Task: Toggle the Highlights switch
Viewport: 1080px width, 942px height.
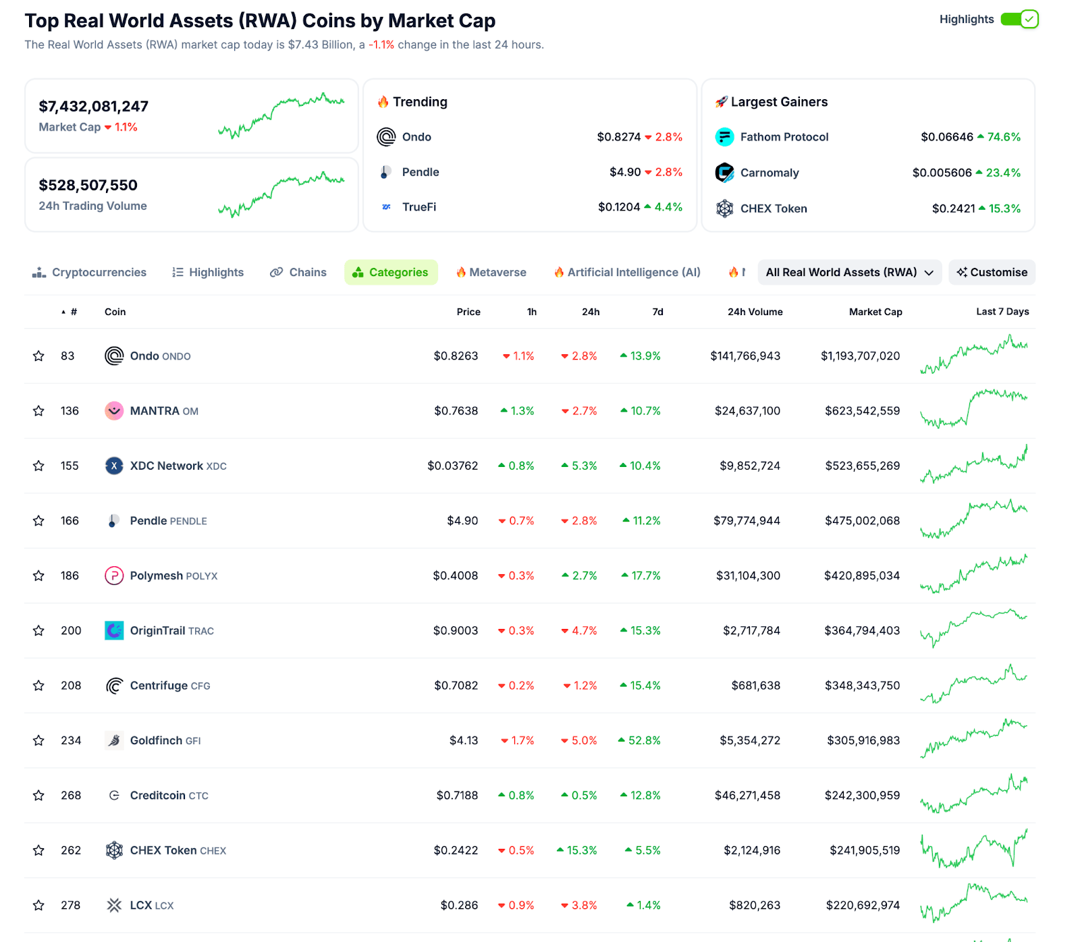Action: click(x=1019, y=20)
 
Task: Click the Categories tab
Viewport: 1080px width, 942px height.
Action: click(x=391, y=273)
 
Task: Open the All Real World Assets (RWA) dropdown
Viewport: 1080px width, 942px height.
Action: click(x=849, y=273)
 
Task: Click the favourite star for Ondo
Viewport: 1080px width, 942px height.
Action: click(x=38, y=356)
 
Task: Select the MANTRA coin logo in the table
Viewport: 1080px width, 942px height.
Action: click(x=114, y=411)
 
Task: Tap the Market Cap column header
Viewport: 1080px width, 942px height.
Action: click(x=875, y=312)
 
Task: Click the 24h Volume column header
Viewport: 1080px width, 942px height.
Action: click(x=755, y=312)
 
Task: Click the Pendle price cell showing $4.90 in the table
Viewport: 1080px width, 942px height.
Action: click(x=462, y=521)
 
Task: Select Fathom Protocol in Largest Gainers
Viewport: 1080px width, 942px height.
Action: click(x=784, y=137)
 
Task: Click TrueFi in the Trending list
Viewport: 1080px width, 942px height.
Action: click(x=418, y=207)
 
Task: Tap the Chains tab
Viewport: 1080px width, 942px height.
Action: click(x=298, y=273)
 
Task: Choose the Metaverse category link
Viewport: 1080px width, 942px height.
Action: click(x=491, y=273)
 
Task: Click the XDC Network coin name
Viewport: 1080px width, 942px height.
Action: click(x=167, y=466)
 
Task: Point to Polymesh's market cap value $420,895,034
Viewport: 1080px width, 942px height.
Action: click(x=861, y=576)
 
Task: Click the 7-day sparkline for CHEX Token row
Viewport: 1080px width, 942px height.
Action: click(x=973, y=850)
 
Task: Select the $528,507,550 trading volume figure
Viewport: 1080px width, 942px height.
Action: click(x=88, y=186)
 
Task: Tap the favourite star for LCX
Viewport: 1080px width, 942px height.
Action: click(x=38, y=906)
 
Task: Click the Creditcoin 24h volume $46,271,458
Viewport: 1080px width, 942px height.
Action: click(x=747, y=796)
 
